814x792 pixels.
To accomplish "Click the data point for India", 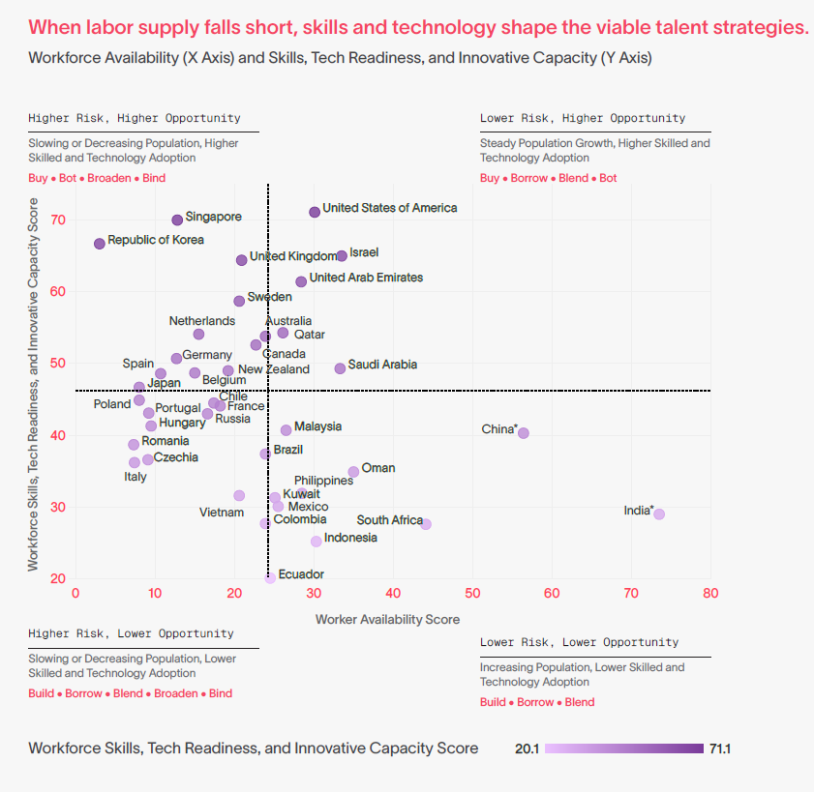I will (x=659, y=514).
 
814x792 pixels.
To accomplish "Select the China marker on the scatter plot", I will (x=524, y=433).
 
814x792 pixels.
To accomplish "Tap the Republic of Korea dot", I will (x=99, y=244).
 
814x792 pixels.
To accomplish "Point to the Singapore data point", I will (x=177, y=220).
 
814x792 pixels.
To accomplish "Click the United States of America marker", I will (x=315, y=212).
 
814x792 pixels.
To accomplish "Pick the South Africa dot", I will (x=426, y=524).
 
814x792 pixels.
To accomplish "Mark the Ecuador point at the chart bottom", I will (x=270, y=578).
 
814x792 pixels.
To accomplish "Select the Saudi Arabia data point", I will (x=340, y=368).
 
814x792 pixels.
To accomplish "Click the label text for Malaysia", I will (x=317, y=426).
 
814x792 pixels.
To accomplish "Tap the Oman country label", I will (x=378, y=468).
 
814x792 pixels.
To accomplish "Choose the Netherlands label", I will (x=202, y=321).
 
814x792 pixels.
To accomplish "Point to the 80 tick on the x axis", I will (x=710, y=593).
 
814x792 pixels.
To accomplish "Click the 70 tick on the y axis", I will (x=59, y=220).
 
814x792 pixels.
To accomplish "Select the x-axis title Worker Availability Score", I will (x=387, y=619).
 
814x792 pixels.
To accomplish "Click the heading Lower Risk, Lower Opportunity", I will (x=579, y=642).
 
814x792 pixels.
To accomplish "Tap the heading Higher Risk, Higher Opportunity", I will (x=135, y=118).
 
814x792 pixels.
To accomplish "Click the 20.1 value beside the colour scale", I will (x=528, y=748).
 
